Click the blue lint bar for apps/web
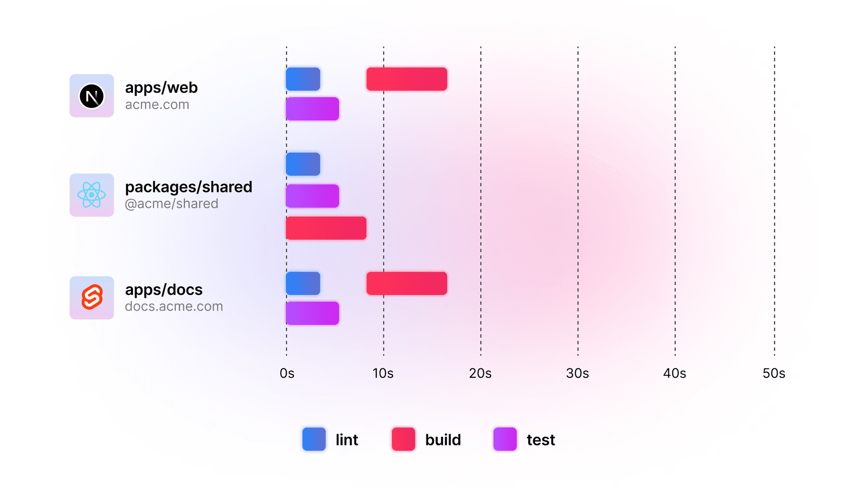[303, 79]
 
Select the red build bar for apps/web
[406, 79]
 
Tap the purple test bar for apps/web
[312, 109]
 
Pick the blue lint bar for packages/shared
[303, 164]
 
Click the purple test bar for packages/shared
[312, 196]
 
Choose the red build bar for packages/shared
[326, 228]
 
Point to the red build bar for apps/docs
[406, 283]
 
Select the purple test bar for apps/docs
[312, 313]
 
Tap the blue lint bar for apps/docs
[303, 283]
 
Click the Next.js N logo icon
[92, 96]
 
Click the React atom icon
[92, 195]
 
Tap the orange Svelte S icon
[92, 298]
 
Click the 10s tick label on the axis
[383, 373]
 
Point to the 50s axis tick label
[774, 373]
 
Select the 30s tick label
[577, 373]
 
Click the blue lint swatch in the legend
[314, 439]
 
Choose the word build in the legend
[443, 440]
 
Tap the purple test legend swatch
[505, 439]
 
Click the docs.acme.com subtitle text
[174, 307]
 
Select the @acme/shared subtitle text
[171, 204]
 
